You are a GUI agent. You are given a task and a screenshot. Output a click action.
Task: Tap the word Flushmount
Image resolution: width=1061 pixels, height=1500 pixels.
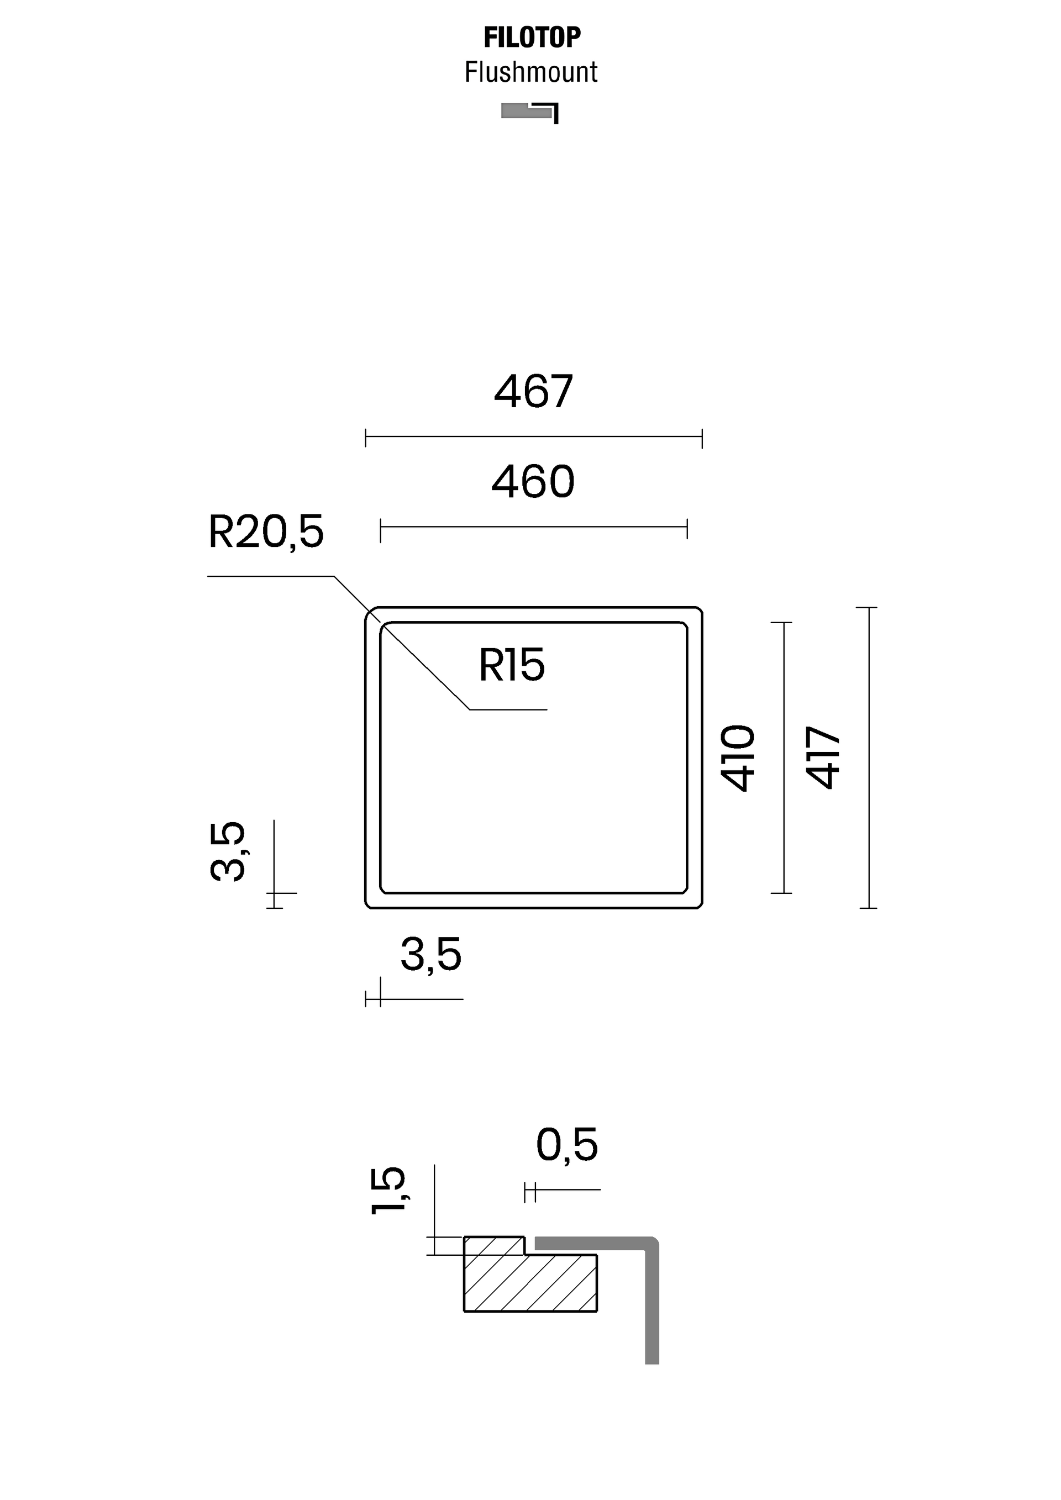point(530,72)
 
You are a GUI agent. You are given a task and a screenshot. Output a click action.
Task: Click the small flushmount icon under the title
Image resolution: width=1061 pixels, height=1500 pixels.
point(529,112)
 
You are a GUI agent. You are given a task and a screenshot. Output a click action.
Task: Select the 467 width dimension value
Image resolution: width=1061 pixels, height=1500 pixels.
point(533,392)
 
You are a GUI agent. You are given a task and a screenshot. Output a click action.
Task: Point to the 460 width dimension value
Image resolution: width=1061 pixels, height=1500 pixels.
point(533,482)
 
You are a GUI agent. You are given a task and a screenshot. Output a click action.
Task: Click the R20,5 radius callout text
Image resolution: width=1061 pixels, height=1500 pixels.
point(265,532)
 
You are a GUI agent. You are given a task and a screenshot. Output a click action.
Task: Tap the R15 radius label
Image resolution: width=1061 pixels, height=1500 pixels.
point(512,666)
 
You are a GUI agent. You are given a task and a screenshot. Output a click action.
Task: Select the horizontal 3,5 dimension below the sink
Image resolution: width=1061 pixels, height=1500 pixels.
point(430,955)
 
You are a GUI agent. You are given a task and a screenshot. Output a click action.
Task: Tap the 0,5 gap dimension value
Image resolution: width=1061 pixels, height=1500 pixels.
point(566,1145)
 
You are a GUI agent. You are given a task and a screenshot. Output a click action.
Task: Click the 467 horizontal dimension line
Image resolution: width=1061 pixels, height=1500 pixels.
point(533,437)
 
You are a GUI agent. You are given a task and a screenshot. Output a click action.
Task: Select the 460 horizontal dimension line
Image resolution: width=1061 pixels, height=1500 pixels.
point(533,527)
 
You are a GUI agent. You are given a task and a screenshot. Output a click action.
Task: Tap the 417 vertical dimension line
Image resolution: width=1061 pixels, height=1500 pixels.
point(868,758)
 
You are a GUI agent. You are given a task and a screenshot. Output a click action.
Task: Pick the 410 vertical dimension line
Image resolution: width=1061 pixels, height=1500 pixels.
point(782,758)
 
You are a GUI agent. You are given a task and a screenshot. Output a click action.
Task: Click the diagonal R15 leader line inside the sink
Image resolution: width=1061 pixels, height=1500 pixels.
point(424,665)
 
